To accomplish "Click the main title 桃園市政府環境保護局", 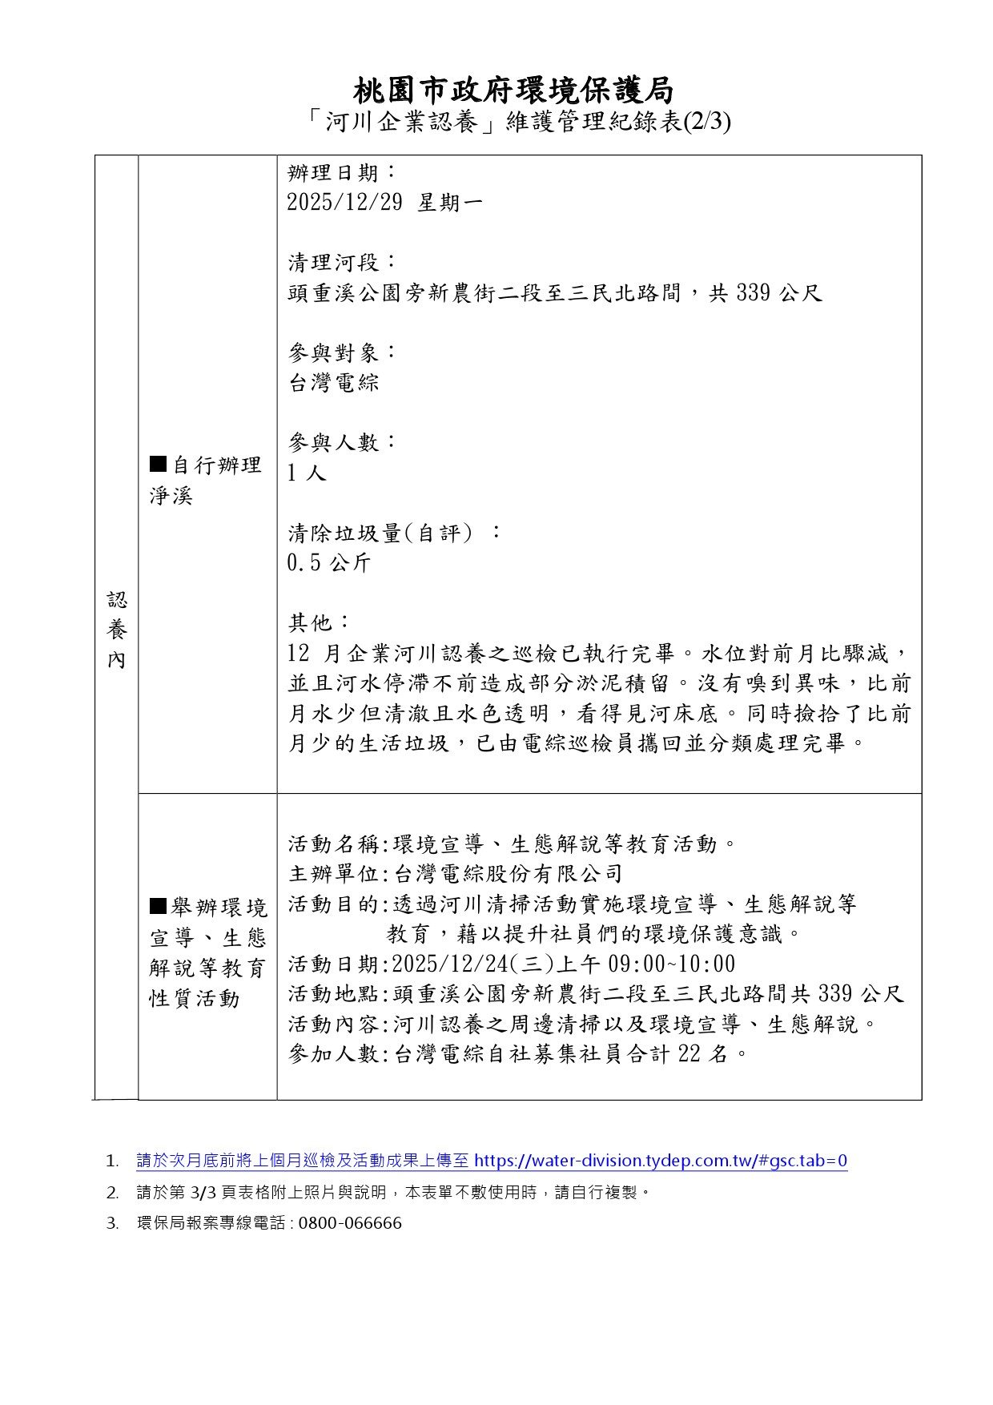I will [513, 90].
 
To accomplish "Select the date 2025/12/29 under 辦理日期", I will [344, 203].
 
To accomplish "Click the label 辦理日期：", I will [342, 172].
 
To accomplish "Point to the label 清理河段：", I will [342, 262].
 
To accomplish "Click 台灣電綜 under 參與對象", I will [333, 383].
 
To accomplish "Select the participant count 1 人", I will [307, 473].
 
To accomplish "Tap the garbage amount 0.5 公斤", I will [328, 563].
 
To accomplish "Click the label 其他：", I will [319, 622].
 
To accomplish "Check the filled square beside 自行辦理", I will [158, 464].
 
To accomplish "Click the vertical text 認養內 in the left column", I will [117, 630].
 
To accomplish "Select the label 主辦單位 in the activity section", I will [333, 874].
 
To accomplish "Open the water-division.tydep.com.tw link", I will [660, 1161].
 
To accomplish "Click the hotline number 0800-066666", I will [349, 1223].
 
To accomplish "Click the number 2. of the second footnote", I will [112, 1192].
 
